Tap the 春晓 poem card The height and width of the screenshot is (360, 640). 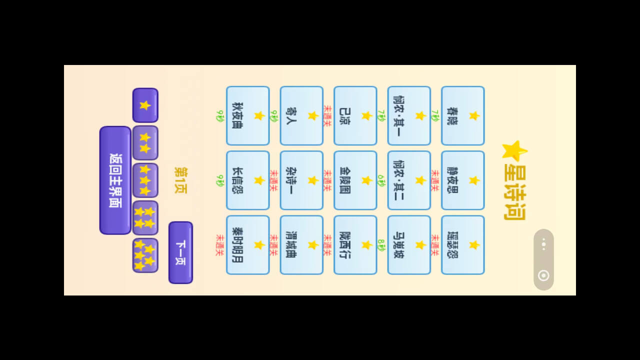point(462,115)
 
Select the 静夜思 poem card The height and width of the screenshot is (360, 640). point(462,180)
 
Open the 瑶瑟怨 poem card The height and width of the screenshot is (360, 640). point(462,244)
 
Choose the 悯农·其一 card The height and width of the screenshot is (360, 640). point(409,115)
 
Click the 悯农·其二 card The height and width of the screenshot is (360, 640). point(409,180)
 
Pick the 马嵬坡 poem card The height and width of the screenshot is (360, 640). point(409,244)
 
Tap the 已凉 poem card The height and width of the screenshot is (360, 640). point(355,115)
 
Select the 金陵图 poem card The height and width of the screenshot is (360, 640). point(355,180)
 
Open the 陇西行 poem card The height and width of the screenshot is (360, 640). point(355,244)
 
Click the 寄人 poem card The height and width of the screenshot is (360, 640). point(301,115)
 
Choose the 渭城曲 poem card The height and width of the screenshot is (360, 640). point(301,244)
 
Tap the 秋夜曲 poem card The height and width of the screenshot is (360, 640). point(247,115)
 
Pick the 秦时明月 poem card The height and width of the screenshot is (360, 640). point(247,244)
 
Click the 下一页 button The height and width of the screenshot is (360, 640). point(180,252)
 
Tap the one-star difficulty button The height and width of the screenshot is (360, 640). point(145,105)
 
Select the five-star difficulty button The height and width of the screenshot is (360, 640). point(145,255)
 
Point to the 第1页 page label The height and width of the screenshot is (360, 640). point(180,180)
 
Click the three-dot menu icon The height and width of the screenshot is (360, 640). point(543,244)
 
